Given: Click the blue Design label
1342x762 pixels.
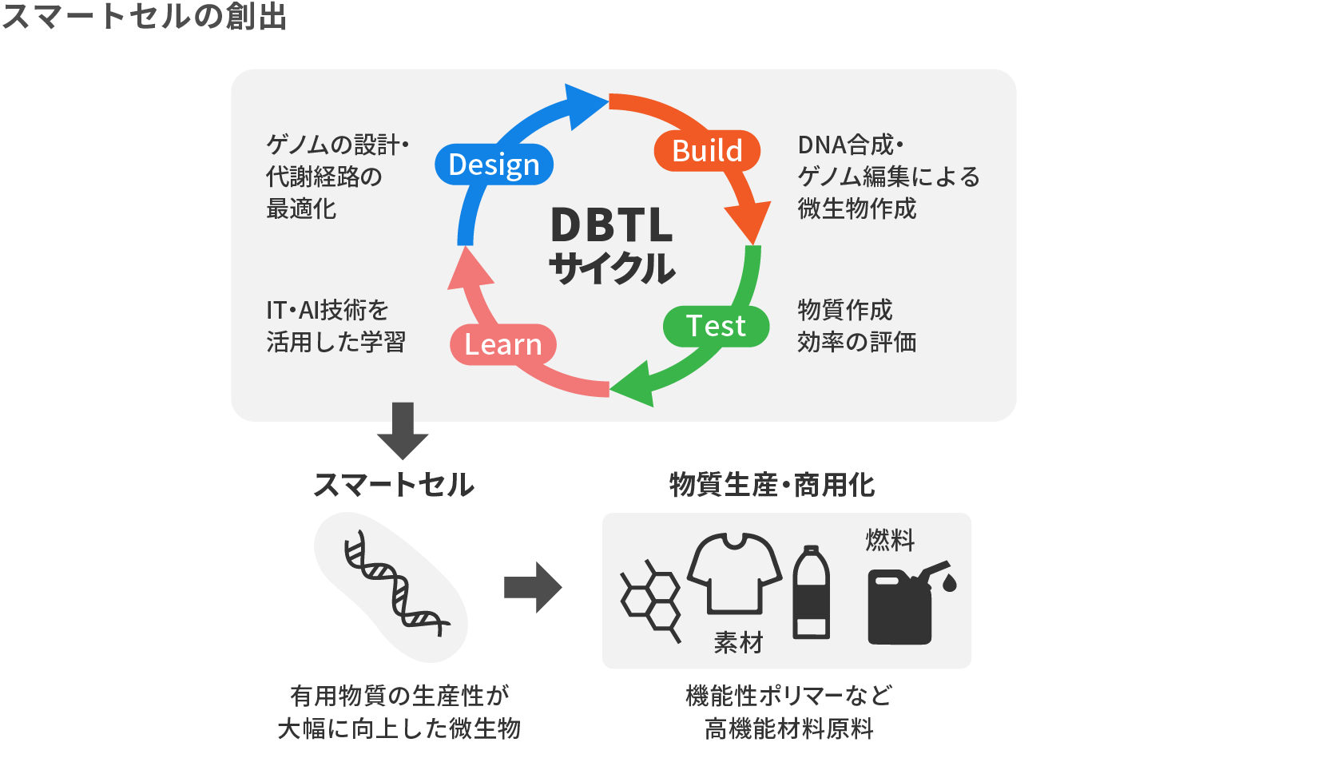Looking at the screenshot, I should [x=494, y=165].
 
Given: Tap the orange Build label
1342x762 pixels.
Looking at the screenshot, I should [x=707, y=150].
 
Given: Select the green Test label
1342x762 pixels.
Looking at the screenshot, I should [x=716, y=326].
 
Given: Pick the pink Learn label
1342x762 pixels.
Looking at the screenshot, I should [x=503, y=344].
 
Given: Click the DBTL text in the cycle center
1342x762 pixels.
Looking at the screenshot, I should [x=612, y=225].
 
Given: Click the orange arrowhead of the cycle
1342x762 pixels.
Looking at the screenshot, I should [x=748, y=220].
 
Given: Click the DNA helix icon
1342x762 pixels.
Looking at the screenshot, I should [x=395, y=584].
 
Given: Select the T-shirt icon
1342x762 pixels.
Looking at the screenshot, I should [x=734, y=572].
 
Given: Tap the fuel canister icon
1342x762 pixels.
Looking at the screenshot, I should [x=907, y=604].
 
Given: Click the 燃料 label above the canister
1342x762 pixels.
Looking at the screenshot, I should [x=890, y=540].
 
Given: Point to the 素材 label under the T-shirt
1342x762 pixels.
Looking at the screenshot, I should [x=738, y=642].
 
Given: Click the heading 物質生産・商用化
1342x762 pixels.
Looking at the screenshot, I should [x=772, y=485].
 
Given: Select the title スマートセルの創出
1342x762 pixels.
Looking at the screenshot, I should [x=145, y=17].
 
